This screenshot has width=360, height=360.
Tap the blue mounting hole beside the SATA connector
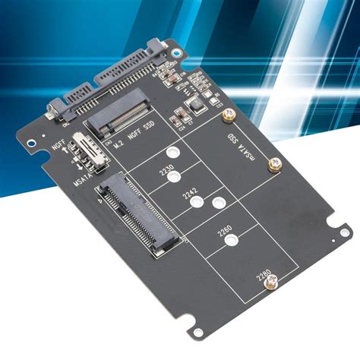pos(178,54)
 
